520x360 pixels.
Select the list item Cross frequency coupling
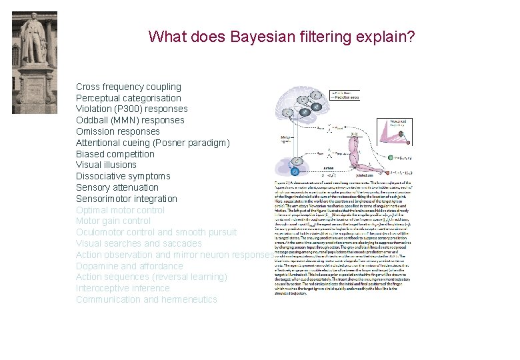[128, 87]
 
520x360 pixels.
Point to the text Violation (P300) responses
[131, 109]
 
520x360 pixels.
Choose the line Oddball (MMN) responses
[130, 120]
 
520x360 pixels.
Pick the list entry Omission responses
[119, 131]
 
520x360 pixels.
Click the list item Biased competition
[115, 154]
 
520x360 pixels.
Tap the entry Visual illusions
[106, 165]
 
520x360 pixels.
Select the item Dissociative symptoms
[123, 176]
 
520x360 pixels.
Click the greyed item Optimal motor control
[120, 210]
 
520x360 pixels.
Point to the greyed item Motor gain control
[113, 221]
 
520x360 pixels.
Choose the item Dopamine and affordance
[129, 266]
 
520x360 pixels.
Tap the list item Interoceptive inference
[123, 288]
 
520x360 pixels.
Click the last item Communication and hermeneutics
[146, 299]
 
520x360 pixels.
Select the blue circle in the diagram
[295, 171]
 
